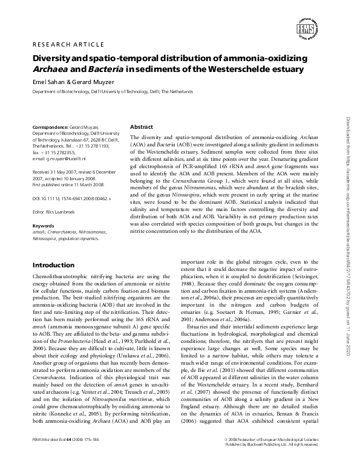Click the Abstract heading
142,127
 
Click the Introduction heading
53,265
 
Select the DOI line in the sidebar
73,198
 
